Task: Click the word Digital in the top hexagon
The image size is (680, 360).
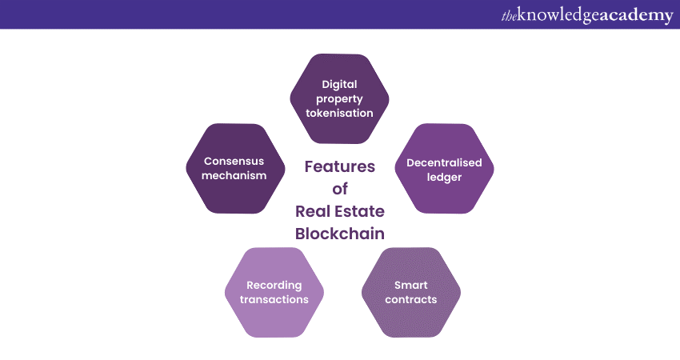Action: [339, 85]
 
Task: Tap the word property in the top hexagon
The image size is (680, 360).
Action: [339, 99]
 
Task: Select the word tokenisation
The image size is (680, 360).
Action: [339, 113]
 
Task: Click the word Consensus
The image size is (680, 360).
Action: [234, 161]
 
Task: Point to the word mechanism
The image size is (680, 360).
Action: [234, 175]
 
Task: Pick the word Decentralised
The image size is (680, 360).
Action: [444, 162]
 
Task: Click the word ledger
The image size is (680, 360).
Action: [444, 178]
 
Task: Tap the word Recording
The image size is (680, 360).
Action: [274, 286]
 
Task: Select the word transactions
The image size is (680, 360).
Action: [274, 299]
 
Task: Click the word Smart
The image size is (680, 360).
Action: [410, 285]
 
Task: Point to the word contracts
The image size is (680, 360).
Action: [410, 299]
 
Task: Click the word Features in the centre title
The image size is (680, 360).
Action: [339, 166]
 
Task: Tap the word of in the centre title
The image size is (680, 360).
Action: [340, 189]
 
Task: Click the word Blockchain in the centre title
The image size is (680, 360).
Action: [339, 234]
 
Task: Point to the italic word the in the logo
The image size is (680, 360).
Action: [509, 16]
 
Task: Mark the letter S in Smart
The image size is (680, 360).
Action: [398, 285]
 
